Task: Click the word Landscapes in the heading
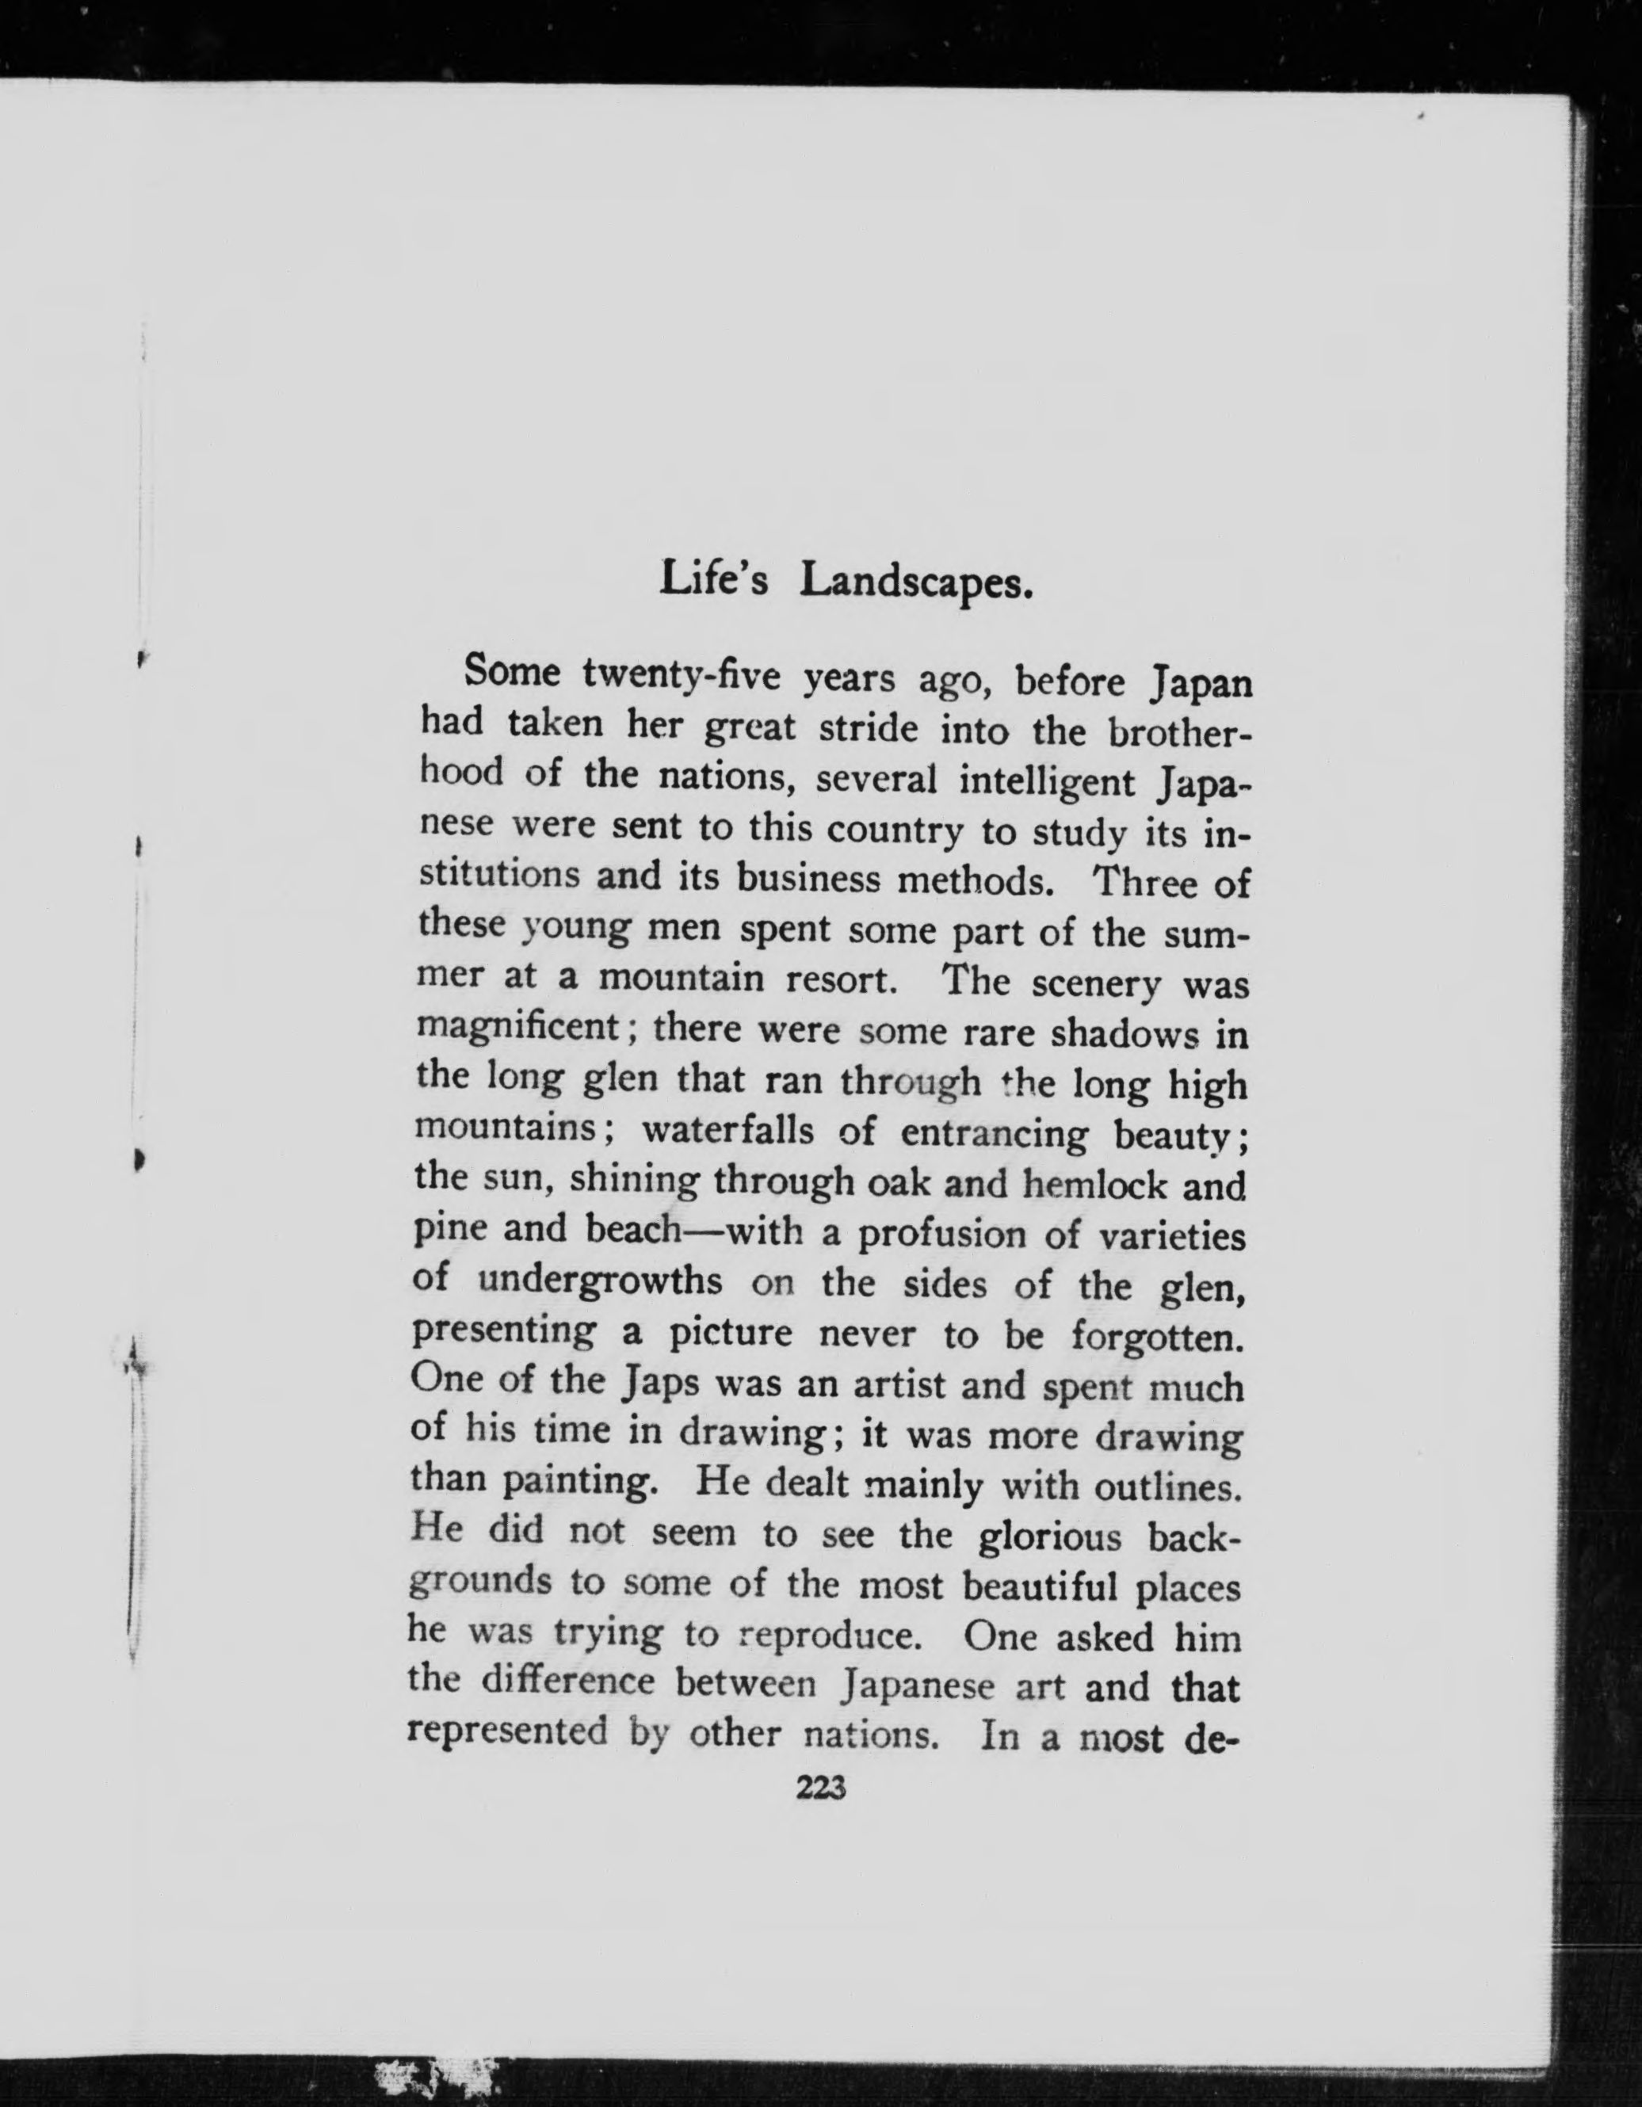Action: pyautogui.click(x=918, y=581)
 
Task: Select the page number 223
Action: pyautogui.click(x=819, y=1788)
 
